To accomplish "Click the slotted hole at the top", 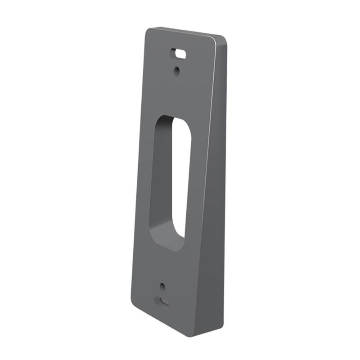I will tap(178, 53).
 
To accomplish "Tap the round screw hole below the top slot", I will tap(177, 70).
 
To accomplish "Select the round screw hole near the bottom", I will tap(162, 287).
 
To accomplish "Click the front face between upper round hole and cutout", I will tap(175, 94).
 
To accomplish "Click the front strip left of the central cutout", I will tap(143, 180).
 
